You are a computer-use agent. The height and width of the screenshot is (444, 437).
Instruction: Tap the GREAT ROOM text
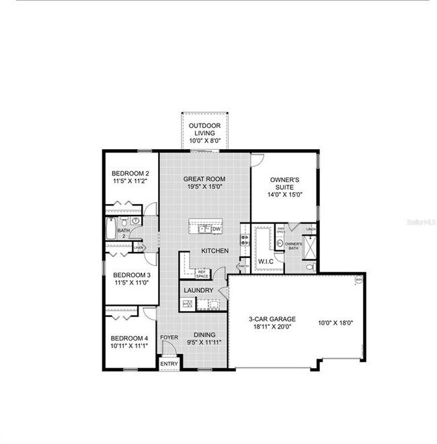tap(204, 179)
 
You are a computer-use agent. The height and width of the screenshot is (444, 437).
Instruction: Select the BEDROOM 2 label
tap(130, 173)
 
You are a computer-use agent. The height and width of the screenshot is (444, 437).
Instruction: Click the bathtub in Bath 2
tap(111, 229)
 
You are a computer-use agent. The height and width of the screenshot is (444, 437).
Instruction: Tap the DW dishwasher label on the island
tap(216, 229)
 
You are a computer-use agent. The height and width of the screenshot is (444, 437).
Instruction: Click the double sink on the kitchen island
tap(202, 229)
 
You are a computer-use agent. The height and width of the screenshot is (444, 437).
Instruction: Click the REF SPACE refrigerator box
tap(202, 273)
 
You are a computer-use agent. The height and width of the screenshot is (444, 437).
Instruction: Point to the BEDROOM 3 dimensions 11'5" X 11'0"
tap(130, 283)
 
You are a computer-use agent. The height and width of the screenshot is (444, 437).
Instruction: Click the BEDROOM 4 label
tap(129, 338)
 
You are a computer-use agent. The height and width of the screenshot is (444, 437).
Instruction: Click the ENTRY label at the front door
tap(169, 363)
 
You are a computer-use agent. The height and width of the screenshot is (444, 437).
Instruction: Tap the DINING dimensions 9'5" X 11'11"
tap(204, 342)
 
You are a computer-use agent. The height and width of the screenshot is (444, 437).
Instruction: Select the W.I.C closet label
tap(265, 261)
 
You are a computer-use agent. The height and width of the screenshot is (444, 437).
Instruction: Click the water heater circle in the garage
tap(359, 279)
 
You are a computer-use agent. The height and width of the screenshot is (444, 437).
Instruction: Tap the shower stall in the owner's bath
tap(310, 247)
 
